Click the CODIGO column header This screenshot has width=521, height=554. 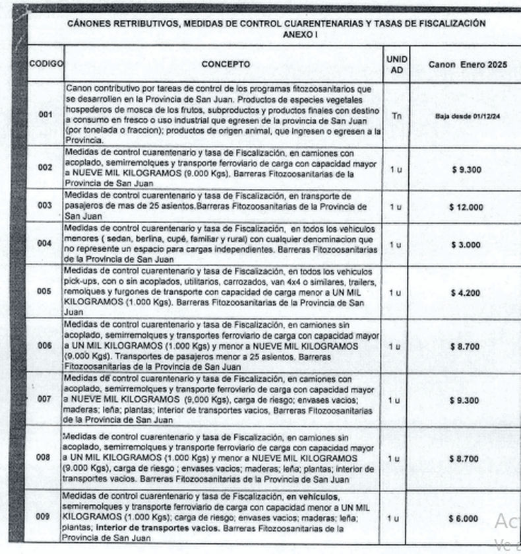[x=46, y=65]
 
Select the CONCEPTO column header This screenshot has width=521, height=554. [x=226, y=65]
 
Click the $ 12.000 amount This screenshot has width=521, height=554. [x=466, y=207]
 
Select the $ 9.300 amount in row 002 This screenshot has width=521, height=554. [x=466, y=169]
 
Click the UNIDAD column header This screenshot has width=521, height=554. [x=396, y=64]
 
